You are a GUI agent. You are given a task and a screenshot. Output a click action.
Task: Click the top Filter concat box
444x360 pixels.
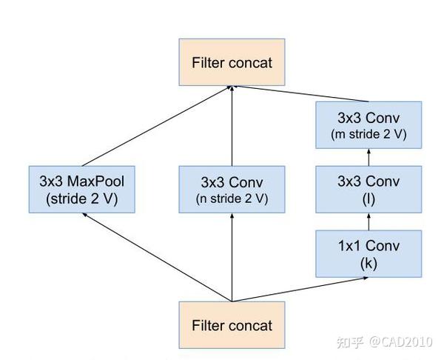pyautogui.click(x=232, y=62)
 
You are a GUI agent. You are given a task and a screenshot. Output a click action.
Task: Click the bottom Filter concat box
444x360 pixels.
pyautogui.click(x=232, y=325)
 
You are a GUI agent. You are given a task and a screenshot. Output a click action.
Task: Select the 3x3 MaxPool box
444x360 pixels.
pyautogui.click(x=82, y=189)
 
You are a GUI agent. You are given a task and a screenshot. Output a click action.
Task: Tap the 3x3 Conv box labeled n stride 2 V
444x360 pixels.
pyautogui.click(x=232, y=189)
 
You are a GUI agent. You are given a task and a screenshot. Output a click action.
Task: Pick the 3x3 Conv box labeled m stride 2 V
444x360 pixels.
pyautogui.click(x=368, y=127)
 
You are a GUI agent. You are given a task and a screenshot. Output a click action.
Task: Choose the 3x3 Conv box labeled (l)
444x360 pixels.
pyautogui.click(x=368, y=189)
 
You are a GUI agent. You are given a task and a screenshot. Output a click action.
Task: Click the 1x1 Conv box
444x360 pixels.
pyautogui.click(x=368, y=253)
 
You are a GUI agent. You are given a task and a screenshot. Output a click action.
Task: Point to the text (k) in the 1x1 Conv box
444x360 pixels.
pyautogui.click(x=368, y=262)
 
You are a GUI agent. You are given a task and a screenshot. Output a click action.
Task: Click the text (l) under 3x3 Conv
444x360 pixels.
pyautogui.click(x=368, y=199)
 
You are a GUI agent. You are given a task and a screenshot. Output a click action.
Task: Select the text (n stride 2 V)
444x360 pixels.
pyautogui.click(x=232, y=199)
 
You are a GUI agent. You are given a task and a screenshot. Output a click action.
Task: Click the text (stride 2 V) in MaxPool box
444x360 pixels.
pyautogui.click(x=82, y=199)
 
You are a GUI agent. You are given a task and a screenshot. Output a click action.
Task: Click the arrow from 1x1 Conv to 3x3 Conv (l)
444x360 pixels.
pyautogui.click(x=368, y=221)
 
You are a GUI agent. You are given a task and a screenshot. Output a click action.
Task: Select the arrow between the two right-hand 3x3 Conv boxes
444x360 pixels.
pyautogui.click(x=368, y=158)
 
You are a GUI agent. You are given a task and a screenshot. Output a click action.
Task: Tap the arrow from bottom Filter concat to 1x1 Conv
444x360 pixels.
pyautogui.click(x=300, y=290)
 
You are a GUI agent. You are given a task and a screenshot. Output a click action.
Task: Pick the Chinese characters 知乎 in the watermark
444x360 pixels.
pyautogui.click(x=349, y=342)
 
